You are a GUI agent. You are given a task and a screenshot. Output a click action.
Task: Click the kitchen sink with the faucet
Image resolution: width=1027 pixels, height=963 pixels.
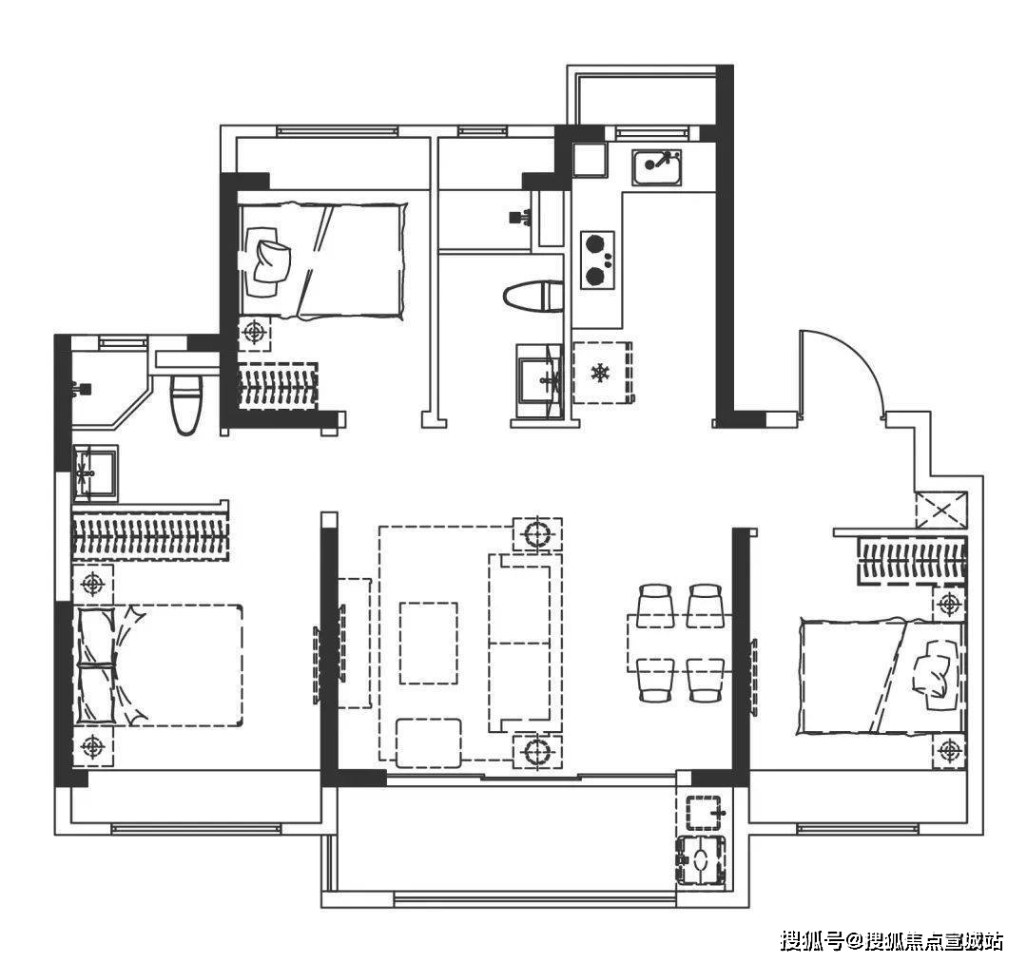(x=657, y=167)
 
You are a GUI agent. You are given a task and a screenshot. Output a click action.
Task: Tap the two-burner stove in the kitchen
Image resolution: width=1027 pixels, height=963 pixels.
(x=597, y=260)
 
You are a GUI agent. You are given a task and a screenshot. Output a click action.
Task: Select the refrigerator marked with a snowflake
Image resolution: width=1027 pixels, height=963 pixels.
(x=601, y=373)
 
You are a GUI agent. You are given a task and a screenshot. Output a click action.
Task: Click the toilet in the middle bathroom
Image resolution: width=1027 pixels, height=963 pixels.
(x=533, y=297)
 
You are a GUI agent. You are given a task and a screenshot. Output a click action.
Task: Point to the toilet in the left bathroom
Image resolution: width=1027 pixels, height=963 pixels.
(x=186, y=404)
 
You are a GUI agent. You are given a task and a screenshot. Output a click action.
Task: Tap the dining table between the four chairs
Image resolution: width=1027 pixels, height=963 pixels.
(x=680, y=643)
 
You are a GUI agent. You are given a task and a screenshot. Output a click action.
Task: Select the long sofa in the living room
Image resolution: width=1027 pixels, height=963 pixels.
(x=525, y=643)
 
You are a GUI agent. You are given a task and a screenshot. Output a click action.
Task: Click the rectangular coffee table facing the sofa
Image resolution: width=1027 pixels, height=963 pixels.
(x=428, y=643)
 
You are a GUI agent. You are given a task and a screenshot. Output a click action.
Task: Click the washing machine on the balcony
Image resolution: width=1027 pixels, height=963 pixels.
(x=702, y=861)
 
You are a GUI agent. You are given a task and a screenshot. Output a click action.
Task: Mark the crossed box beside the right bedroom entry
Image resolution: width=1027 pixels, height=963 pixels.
(x=941, y=510)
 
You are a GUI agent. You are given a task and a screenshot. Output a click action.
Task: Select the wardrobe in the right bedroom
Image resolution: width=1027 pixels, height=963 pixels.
(x=912, y=560)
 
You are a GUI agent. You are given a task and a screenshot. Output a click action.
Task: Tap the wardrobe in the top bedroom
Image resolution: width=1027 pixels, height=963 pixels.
(x=278, y=386)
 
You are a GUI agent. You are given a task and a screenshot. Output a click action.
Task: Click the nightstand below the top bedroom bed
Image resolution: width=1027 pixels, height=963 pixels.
(x=254, y=334)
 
